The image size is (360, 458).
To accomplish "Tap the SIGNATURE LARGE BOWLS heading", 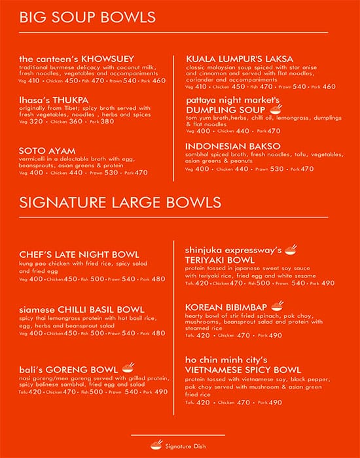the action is (120, 202).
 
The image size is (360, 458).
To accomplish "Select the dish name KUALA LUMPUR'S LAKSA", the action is (240, 59).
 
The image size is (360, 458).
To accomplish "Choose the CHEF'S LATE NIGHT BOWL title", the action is (79, 254).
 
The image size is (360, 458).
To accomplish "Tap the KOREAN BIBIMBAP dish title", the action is (226, 307).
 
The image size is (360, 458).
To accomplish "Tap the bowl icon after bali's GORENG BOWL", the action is (129, 367).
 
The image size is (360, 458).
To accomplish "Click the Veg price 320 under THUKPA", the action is (37, 121).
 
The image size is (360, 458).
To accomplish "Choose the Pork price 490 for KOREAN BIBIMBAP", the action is (275, 336).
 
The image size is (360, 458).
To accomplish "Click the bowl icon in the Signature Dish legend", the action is (156, 445).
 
